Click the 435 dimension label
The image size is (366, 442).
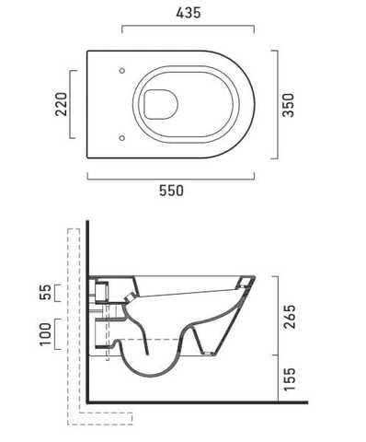pos(189,13)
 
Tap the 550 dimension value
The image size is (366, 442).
pos(171,191)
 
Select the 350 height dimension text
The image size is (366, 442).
pos(288,105)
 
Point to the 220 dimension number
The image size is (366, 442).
pos(61,104)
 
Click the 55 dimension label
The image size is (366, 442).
pos(45,292)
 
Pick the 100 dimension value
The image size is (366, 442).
pos(45,334)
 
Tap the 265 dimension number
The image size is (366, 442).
pos(290,317)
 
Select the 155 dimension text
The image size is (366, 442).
pos(290,379)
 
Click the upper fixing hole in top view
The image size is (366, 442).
pos(122,71)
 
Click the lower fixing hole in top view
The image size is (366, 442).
pos(122,138)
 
